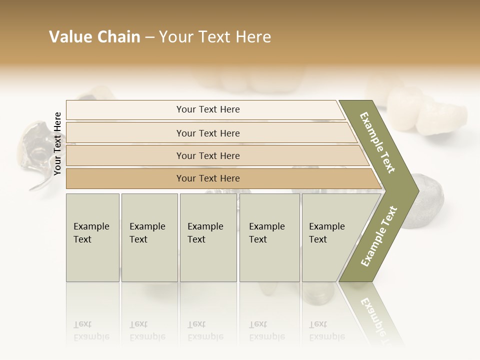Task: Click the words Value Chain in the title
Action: click(94, 37)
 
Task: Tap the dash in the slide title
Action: click(149, 37)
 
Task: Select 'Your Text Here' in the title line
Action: click(215, 37)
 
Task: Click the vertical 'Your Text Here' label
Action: click(57, 143)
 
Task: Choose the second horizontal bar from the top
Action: click(208, 133)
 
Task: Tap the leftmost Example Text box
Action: click(92, 237)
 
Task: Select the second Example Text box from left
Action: click(149, 237)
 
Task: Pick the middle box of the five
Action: click(208, 237)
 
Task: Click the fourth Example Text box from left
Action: click(269, 237)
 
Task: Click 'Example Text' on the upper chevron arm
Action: click(378, 143)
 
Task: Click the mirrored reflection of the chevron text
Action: click(377, 315)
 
